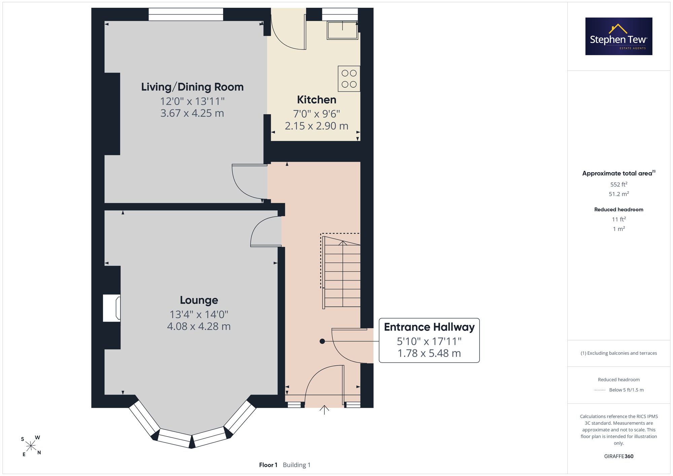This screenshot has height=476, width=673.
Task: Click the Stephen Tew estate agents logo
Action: click(x=619, y=36)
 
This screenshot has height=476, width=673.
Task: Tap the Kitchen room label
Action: click(x=317, y=100)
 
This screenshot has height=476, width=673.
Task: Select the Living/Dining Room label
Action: click(x=192, y=87)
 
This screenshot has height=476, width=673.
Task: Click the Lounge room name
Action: click(x=199, y=300)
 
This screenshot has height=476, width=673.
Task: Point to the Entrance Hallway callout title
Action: click(x=429, y=327)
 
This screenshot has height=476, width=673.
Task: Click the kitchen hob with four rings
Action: click(x=349, y=79)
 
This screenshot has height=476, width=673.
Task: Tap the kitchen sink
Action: click(x=342, y=30)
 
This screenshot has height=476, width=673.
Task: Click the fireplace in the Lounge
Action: click(x=112, y=308)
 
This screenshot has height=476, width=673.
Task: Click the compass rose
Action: click(x=31, y=446)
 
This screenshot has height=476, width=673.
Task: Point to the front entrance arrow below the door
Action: click(x=324, y=410)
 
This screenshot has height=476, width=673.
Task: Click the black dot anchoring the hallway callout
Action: click(x=322, y=341)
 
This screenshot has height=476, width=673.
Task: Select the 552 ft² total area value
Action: click(x=619, y=184)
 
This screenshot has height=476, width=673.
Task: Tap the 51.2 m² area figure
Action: click(x=619, y=194)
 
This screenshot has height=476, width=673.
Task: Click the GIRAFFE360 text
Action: click(x=619, y=456)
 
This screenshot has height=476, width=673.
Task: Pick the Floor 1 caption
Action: click(x=268, y=465)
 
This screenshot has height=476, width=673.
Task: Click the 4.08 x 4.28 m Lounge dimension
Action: click(x=199, y=326)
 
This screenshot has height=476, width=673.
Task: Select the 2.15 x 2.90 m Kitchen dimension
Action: click(x=317, y=126)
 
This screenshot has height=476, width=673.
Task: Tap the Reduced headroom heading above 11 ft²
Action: click(x=619, y=210)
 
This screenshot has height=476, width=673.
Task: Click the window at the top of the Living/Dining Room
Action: click(x=186, y=14)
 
